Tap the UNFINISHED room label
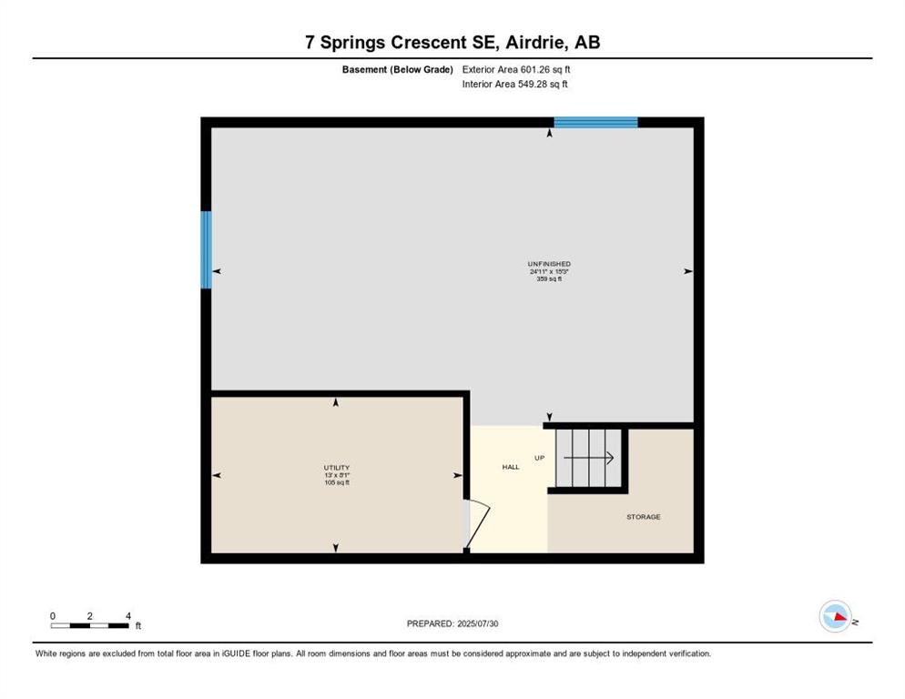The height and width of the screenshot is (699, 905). pyautogui.click(x=549, y=264)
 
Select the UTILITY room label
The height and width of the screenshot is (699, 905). pyautogui.click(x=337, y=468)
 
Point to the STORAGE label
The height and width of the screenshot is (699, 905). pyautogui.click(x=644, y=517)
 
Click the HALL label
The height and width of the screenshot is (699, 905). pyautogui.click(x=511, y=467)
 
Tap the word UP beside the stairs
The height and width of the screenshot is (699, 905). pyautogui.click(x=540, y=458)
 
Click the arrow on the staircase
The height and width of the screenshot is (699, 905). pyautogui.click(x=588, y=458)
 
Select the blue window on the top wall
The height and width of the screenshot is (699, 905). pyautogui.click(x=595, y=122)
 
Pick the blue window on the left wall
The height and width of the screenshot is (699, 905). pyautogui.click(x=206, y=249)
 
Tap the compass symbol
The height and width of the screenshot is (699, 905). pyautogui.click(x=835, y=616)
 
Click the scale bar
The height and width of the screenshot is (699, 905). pyautogui.click(x=89, y=625)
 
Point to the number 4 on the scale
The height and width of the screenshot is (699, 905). pyautogui.click(x=127, y=616)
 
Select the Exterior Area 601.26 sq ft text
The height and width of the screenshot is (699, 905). pyautogui.click(x=516, y=69)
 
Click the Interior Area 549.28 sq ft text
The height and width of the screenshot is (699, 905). pyautogui.click(x=514, y=85)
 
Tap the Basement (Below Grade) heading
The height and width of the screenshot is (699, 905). pyautogui.click(x=398, y=69)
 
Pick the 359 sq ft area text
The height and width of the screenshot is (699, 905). pyautogui.click(x=549, y=279)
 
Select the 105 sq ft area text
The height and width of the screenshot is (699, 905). pyautogui.click(x=337, y=482)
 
